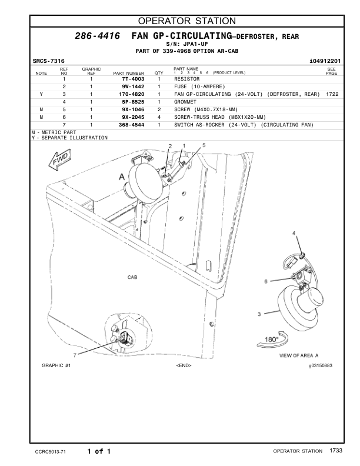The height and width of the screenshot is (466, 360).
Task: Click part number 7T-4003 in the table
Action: click(133, 79)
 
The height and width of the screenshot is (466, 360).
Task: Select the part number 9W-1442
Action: click(133, 86)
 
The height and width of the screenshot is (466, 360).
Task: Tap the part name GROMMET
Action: click(187, 102)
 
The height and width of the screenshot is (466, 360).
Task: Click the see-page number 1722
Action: click(332, 94)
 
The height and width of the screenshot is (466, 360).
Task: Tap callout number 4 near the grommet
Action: click(294, 234)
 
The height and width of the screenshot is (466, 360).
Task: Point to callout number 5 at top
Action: click(204, 145)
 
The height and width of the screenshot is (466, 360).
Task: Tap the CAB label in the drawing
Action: click(133, 276)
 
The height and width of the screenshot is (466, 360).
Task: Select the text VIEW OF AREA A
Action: click(298, 355)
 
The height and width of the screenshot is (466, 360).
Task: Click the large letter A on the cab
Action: click(122, 176)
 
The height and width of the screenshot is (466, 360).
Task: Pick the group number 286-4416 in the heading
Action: click(98, 36)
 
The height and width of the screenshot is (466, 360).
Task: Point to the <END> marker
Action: click(184, 365)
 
